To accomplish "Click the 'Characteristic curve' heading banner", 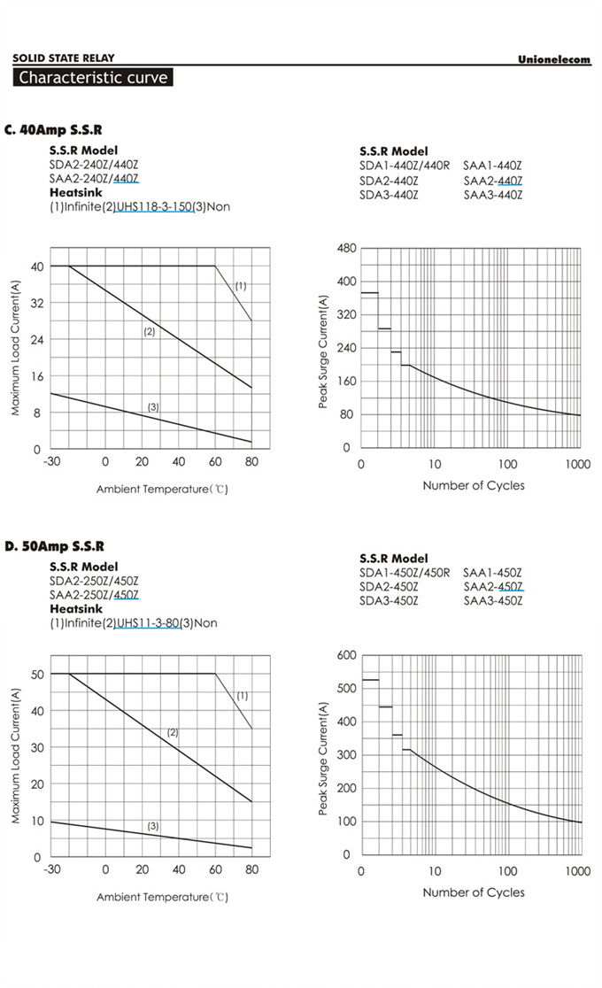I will click(x=92, y=77).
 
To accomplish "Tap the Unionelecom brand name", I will click(x=553, y=59).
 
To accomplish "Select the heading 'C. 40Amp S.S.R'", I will click(x=53, y=130).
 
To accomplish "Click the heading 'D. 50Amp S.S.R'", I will click(x=54, y=546).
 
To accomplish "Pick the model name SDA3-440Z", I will click(x=389, y=195).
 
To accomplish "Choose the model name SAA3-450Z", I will click(x=492, y=601).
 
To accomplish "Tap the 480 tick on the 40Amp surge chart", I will click(x=346, y=249).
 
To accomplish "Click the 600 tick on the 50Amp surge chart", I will click(x=346, y=655).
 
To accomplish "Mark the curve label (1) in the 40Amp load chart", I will click(x=240, y=286).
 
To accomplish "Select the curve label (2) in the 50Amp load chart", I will click(x=173, y=732).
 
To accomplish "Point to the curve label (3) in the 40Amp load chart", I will click(x=153, y=407).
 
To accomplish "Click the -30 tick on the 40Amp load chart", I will click(x=52, y=462).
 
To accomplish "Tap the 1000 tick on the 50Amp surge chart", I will click(x=577, y=871).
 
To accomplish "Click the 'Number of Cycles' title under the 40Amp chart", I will click(x=473, y=485).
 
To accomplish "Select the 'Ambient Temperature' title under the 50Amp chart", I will click(x=162, y=897).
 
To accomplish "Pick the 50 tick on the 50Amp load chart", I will click(x=36, y=674).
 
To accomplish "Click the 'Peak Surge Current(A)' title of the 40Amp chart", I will click(x=323, y=351).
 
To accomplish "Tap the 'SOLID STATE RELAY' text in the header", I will click(x=64, y=58).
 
